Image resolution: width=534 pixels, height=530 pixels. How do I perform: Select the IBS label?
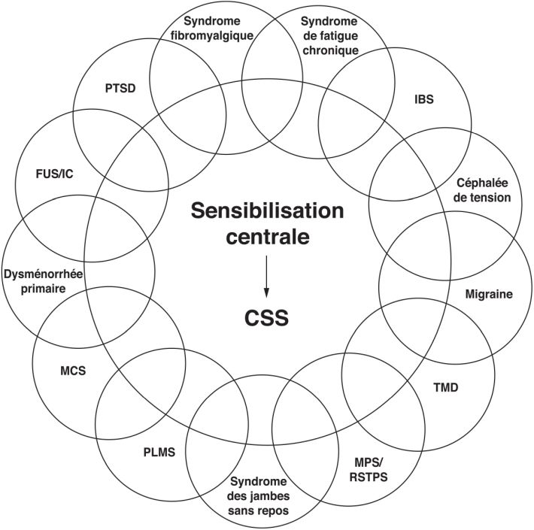(x=424, y=98)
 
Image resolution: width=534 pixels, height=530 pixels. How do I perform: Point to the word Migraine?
(x=488, y=294)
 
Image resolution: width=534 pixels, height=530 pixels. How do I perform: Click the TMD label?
(x=446, y=388)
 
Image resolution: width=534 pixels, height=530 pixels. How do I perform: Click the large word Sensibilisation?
(x=267, y=210)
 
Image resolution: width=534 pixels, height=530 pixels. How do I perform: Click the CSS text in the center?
(x=266, y=316)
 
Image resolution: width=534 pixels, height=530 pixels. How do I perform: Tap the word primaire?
(x=43, y=288)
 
